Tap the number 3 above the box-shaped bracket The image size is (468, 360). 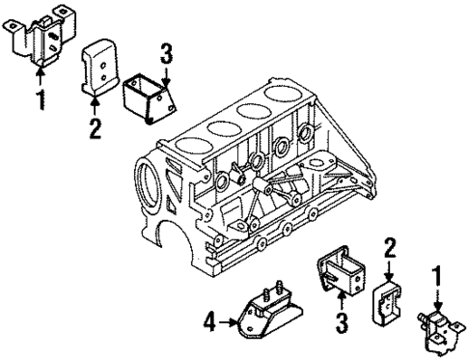coord(167,53)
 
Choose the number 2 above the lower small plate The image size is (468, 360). coord(389,248)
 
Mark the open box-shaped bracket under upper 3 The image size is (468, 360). coord(149,97)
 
